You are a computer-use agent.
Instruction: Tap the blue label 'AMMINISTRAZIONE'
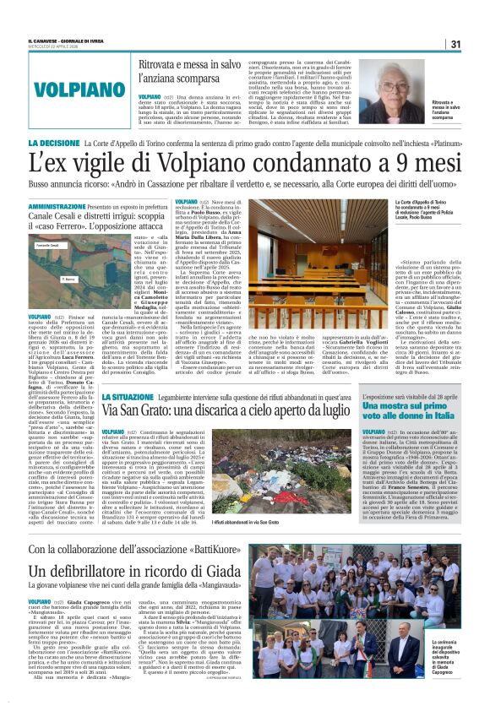(57, 205)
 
